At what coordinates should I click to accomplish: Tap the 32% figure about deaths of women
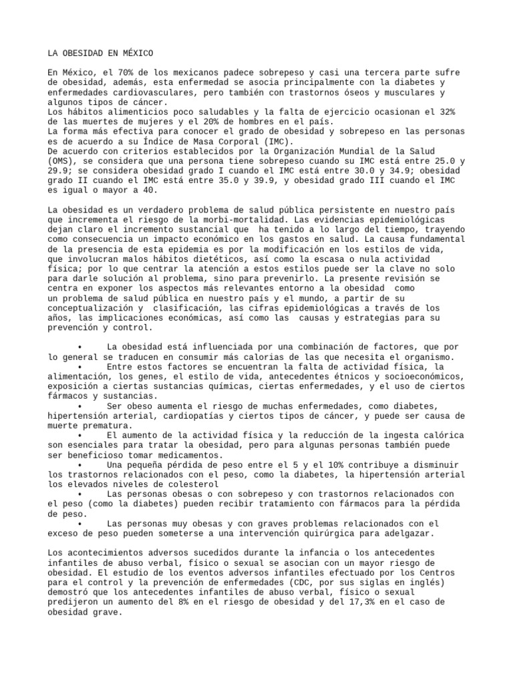click(x=446, y=112)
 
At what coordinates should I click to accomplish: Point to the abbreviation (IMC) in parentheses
click(x=277, y=142)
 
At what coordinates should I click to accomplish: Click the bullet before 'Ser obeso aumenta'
click(x=79, y=406)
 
